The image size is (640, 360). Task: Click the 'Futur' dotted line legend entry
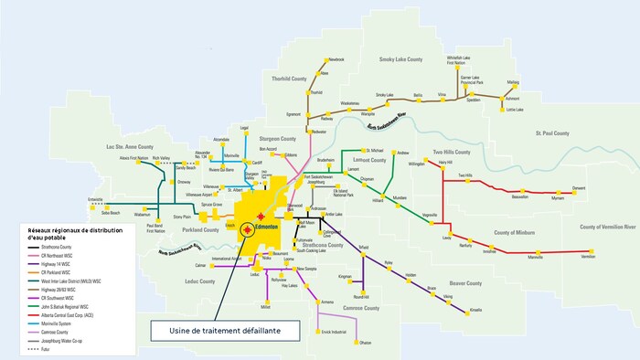tap(46, 350)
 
